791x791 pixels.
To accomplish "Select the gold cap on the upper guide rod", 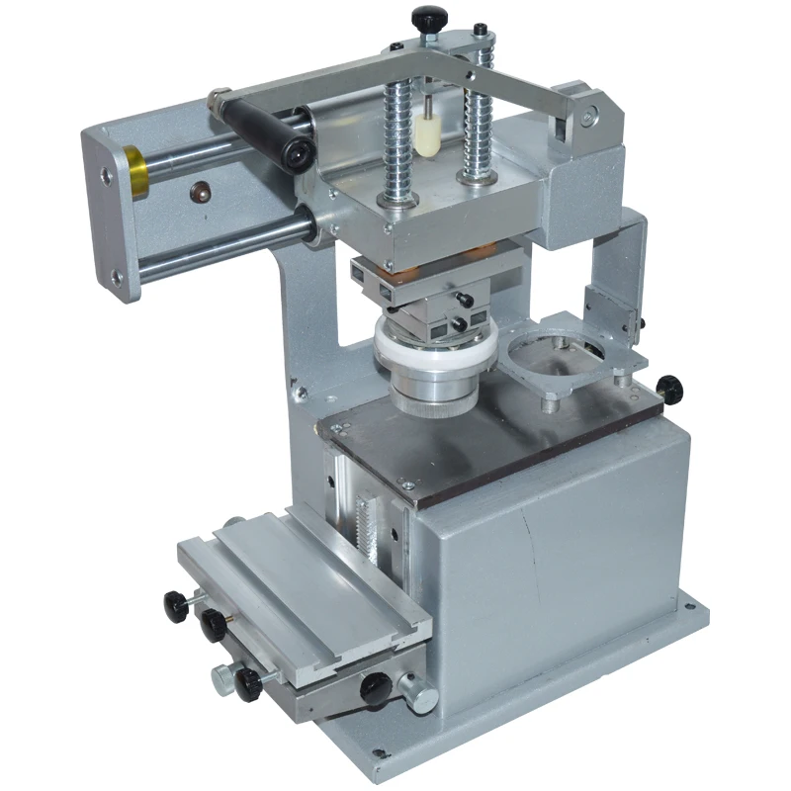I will click(135, 169).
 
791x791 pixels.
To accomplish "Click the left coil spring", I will click(396, 138).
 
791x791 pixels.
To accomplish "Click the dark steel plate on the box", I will click(494, 435).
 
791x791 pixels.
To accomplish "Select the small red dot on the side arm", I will click(198, 189).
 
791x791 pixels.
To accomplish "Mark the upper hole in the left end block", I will click(106, 175).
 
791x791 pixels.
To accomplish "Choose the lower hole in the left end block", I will click(116, 278).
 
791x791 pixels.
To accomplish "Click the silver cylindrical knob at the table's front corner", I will click(419, 695).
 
